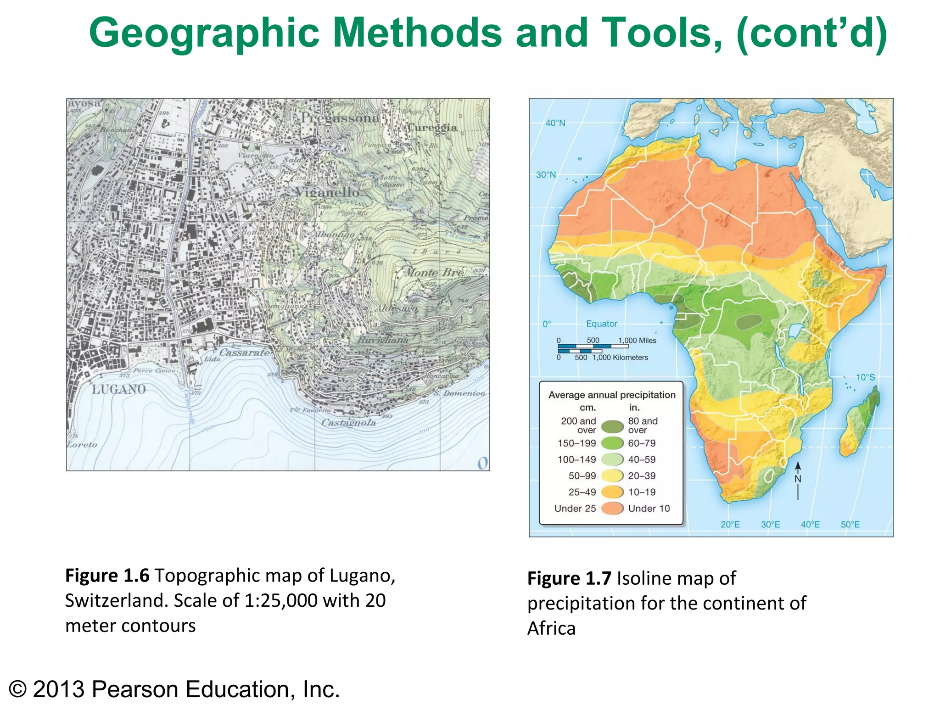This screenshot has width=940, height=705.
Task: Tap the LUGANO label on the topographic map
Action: [x=118, y=390]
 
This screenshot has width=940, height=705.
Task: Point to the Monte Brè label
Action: [x=434, y=273]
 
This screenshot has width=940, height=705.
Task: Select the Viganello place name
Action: [x=327, y=192]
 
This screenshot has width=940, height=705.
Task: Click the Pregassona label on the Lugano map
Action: [x=340, y=118]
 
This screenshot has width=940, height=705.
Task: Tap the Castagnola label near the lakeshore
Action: [x=348, y=423]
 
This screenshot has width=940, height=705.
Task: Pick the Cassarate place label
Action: [x=244, y=352]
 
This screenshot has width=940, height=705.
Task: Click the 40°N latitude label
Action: [x=555, y=123]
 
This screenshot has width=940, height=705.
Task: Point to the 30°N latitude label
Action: [x=546, y=175]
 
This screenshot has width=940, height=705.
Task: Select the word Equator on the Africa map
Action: [x=601, y=324]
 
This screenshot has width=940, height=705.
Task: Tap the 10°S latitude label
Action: [x=865, y=377]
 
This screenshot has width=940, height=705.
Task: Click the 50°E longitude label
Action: [x=850, y=525]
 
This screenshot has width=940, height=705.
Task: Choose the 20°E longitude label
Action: [x=730, y=525]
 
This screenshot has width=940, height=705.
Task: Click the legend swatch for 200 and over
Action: [x=612, y=426]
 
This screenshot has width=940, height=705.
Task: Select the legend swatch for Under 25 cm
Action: [x=612, y=509]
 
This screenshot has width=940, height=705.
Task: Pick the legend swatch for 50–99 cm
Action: [x=612, y=476]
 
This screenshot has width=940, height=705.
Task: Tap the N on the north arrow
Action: [x=798, y=479]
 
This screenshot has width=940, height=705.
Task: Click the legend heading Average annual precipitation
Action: [x=612, y=395]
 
